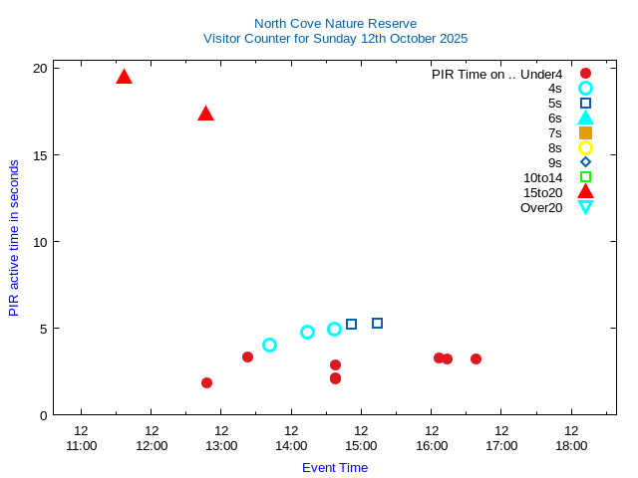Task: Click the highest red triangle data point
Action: pos(124,77)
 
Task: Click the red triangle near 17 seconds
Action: pos(205,114)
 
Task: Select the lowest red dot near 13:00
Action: pos(206,382)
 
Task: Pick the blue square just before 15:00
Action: pos(351,324)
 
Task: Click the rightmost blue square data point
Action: pos(377,323)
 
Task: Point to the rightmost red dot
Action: pos(476,358)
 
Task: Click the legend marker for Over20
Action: pos(585,207)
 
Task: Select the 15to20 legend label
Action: pos(542,192)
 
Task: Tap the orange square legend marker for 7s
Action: pos(585,132)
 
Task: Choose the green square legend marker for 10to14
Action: pos(585,177)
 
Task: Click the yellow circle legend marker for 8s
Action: pos(585,147)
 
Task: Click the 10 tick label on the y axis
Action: pos(40,241)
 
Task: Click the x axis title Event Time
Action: pos(335,467)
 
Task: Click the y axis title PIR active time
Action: pos(14,238)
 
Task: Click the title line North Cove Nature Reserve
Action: pos(335,23)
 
